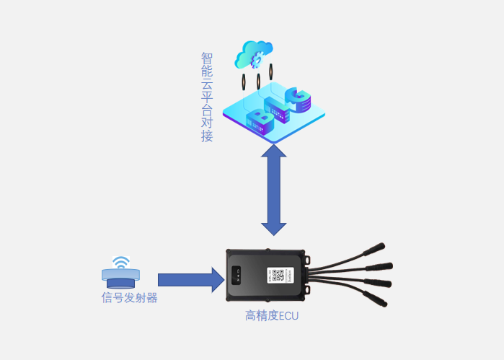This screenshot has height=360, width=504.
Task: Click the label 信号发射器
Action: (130, 297)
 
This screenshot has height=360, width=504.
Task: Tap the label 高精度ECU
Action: (271, 315)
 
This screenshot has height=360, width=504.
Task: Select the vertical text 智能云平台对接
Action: (207, 97)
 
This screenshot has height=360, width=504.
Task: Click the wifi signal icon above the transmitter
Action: (121, 261)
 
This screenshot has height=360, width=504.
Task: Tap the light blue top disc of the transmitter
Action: (121, 274)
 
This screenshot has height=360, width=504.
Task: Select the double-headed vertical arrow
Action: (274, 190)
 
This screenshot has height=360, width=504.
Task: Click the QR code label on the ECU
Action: (278, 276)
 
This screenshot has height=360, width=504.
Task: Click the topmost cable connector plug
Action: (374, 248)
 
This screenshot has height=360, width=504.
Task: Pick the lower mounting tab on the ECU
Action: (306, 292)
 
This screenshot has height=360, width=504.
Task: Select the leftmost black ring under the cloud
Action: (244, 82)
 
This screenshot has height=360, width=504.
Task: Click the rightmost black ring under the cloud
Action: (270, 72)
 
